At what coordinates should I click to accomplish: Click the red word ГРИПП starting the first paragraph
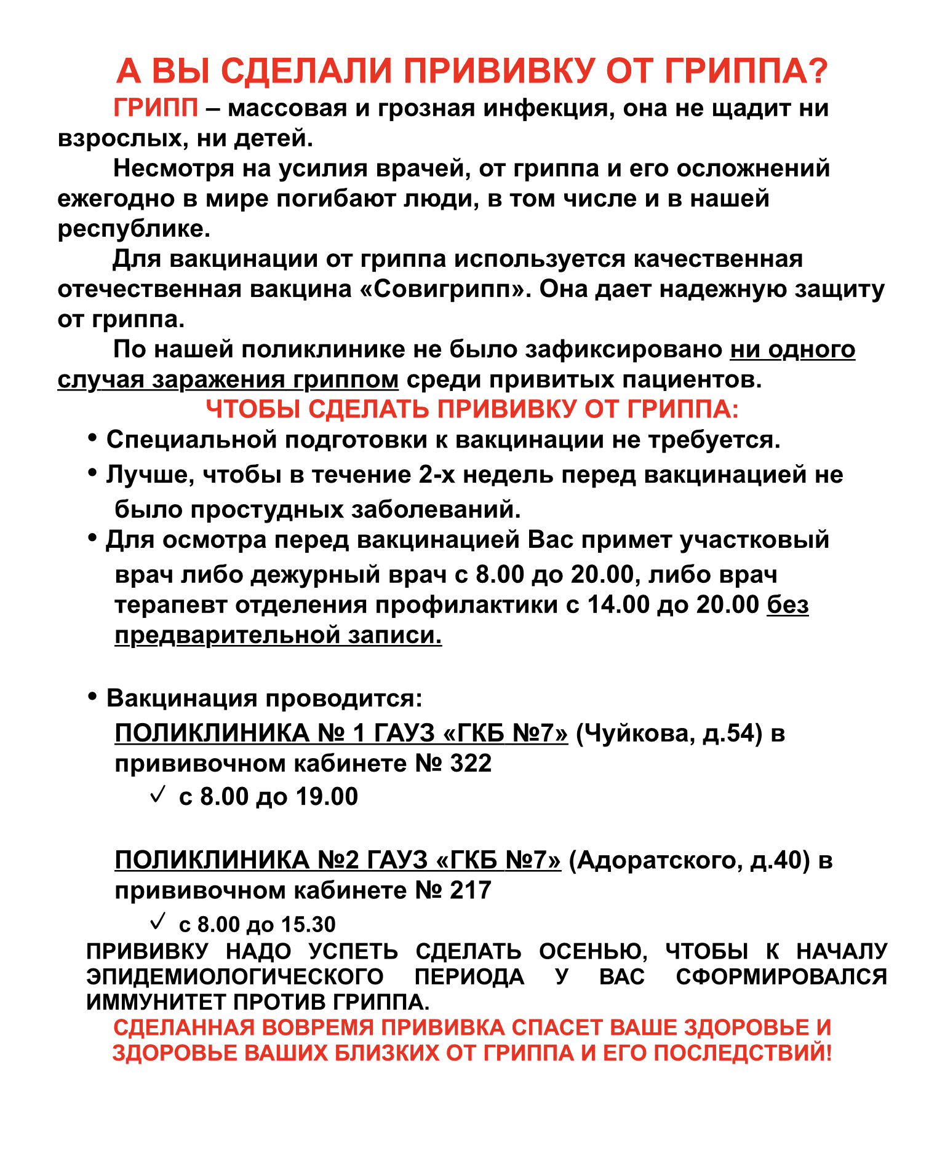(x=156, y=109)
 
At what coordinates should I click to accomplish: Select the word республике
(x=134, y=229)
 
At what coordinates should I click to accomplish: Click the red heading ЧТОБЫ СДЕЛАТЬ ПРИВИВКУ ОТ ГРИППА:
(x=472, y=409)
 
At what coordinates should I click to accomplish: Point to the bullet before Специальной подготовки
(x=92, y=438)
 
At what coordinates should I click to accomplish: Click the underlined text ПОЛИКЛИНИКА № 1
(x=240, y=734)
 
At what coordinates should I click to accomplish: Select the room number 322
(x=471, y=764)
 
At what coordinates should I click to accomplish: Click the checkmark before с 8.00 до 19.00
(x=157, y=794)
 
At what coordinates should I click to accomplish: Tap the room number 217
(x=471, y=891)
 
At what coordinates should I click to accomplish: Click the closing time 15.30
(x=308, y=925)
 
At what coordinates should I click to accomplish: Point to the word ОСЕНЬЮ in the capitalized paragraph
(x=592, y=951)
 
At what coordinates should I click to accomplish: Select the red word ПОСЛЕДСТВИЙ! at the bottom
(x=743, y=1053)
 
